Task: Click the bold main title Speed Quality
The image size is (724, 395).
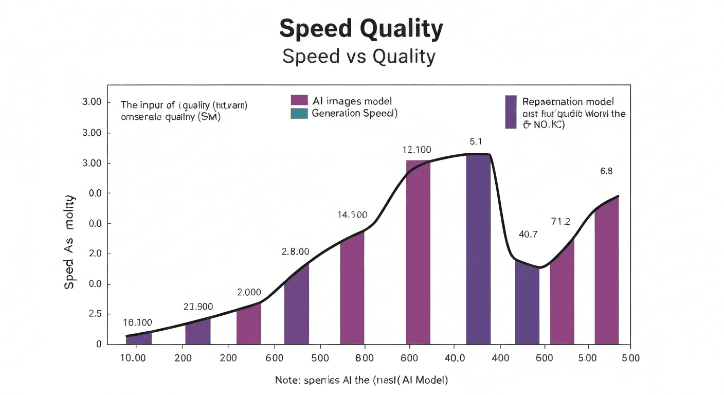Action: click(x=361, y=29)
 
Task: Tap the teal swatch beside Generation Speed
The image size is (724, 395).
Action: click(x=299, y=114)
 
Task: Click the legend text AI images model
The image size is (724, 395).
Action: click(x=352, y=101)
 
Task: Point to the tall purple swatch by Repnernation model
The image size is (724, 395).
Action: click(x=511, y=112)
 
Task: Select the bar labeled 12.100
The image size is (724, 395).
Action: click(x=418, y=252)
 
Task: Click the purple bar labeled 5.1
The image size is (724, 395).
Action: click(x=478, y=249)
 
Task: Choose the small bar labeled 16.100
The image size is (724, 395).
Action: click(x=139, y=339)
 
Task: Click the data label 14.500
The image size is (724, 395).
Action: click(x=352, y=215)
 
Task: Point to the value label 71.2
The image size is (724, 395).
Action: click(x=560, y=222)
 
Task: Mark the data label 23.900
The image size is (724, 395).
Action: click(x=198, y=307)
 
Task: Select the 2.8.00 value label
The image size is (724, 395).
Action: click(x=295, y=252)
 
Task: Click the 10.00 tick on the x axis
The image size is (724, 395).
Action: click(x=133, y=358)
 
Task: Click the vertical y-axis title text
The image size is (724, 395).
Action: click(x=69, y=242)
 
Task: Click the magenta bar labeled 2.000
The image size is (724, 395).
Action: click(x=249, y=324)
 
